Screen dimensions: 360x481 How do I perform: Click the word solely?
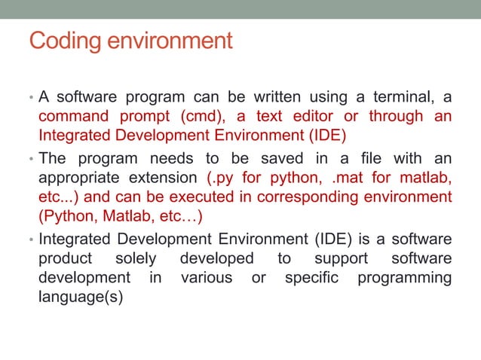point(136,258)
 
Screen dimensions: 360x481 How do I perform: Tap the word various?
point(207,278)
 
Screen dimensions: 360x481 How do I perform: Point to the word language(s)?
point(81,297)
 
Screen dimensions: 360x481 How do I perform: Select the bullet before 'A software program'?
point(29,98)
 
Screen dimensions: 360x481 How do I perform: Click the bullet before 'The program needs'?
point(29,160)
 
